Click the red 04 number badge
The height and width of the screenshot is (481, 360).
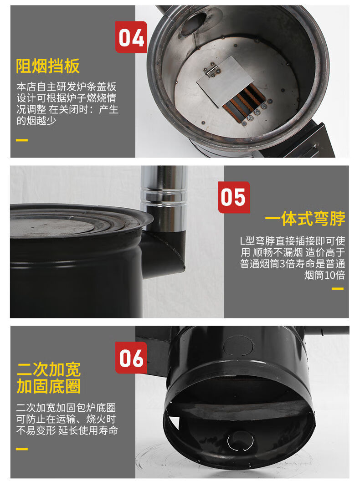pyautogui.click(x=131, y=37)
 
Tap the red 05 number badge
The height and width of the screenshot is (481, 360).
pyautogui.click(x=234, y=197)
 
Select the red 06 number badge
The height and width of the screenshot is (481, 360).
pyautogui.click(x=131, y=358)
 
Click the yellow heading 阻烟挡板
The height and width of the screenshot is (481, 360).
pyautogui.click(x=48, y=66)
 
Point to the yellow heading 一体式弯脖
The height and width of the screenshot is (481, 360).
pyautogui.click(x=305, y=219)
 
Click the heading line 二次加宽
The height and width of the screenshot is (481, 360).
pyautogui.click(x=48, y=369)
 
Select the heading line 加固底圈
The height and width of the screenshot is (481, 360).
pyautogui.click(x=48, y=387)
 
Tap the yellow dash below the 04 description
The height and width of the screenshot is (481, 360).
pyautogui.click(x=21, y=140)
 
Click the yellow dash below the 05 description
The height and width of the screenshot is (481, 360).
pyautogui.click(x=338, y=289)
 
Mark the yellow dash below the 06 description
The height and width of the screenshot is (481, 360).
pyautogui.click(x=21, y=449)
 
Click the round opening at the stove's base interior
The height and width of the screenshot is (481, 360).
pyautogui.click(x=241, y=441)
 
